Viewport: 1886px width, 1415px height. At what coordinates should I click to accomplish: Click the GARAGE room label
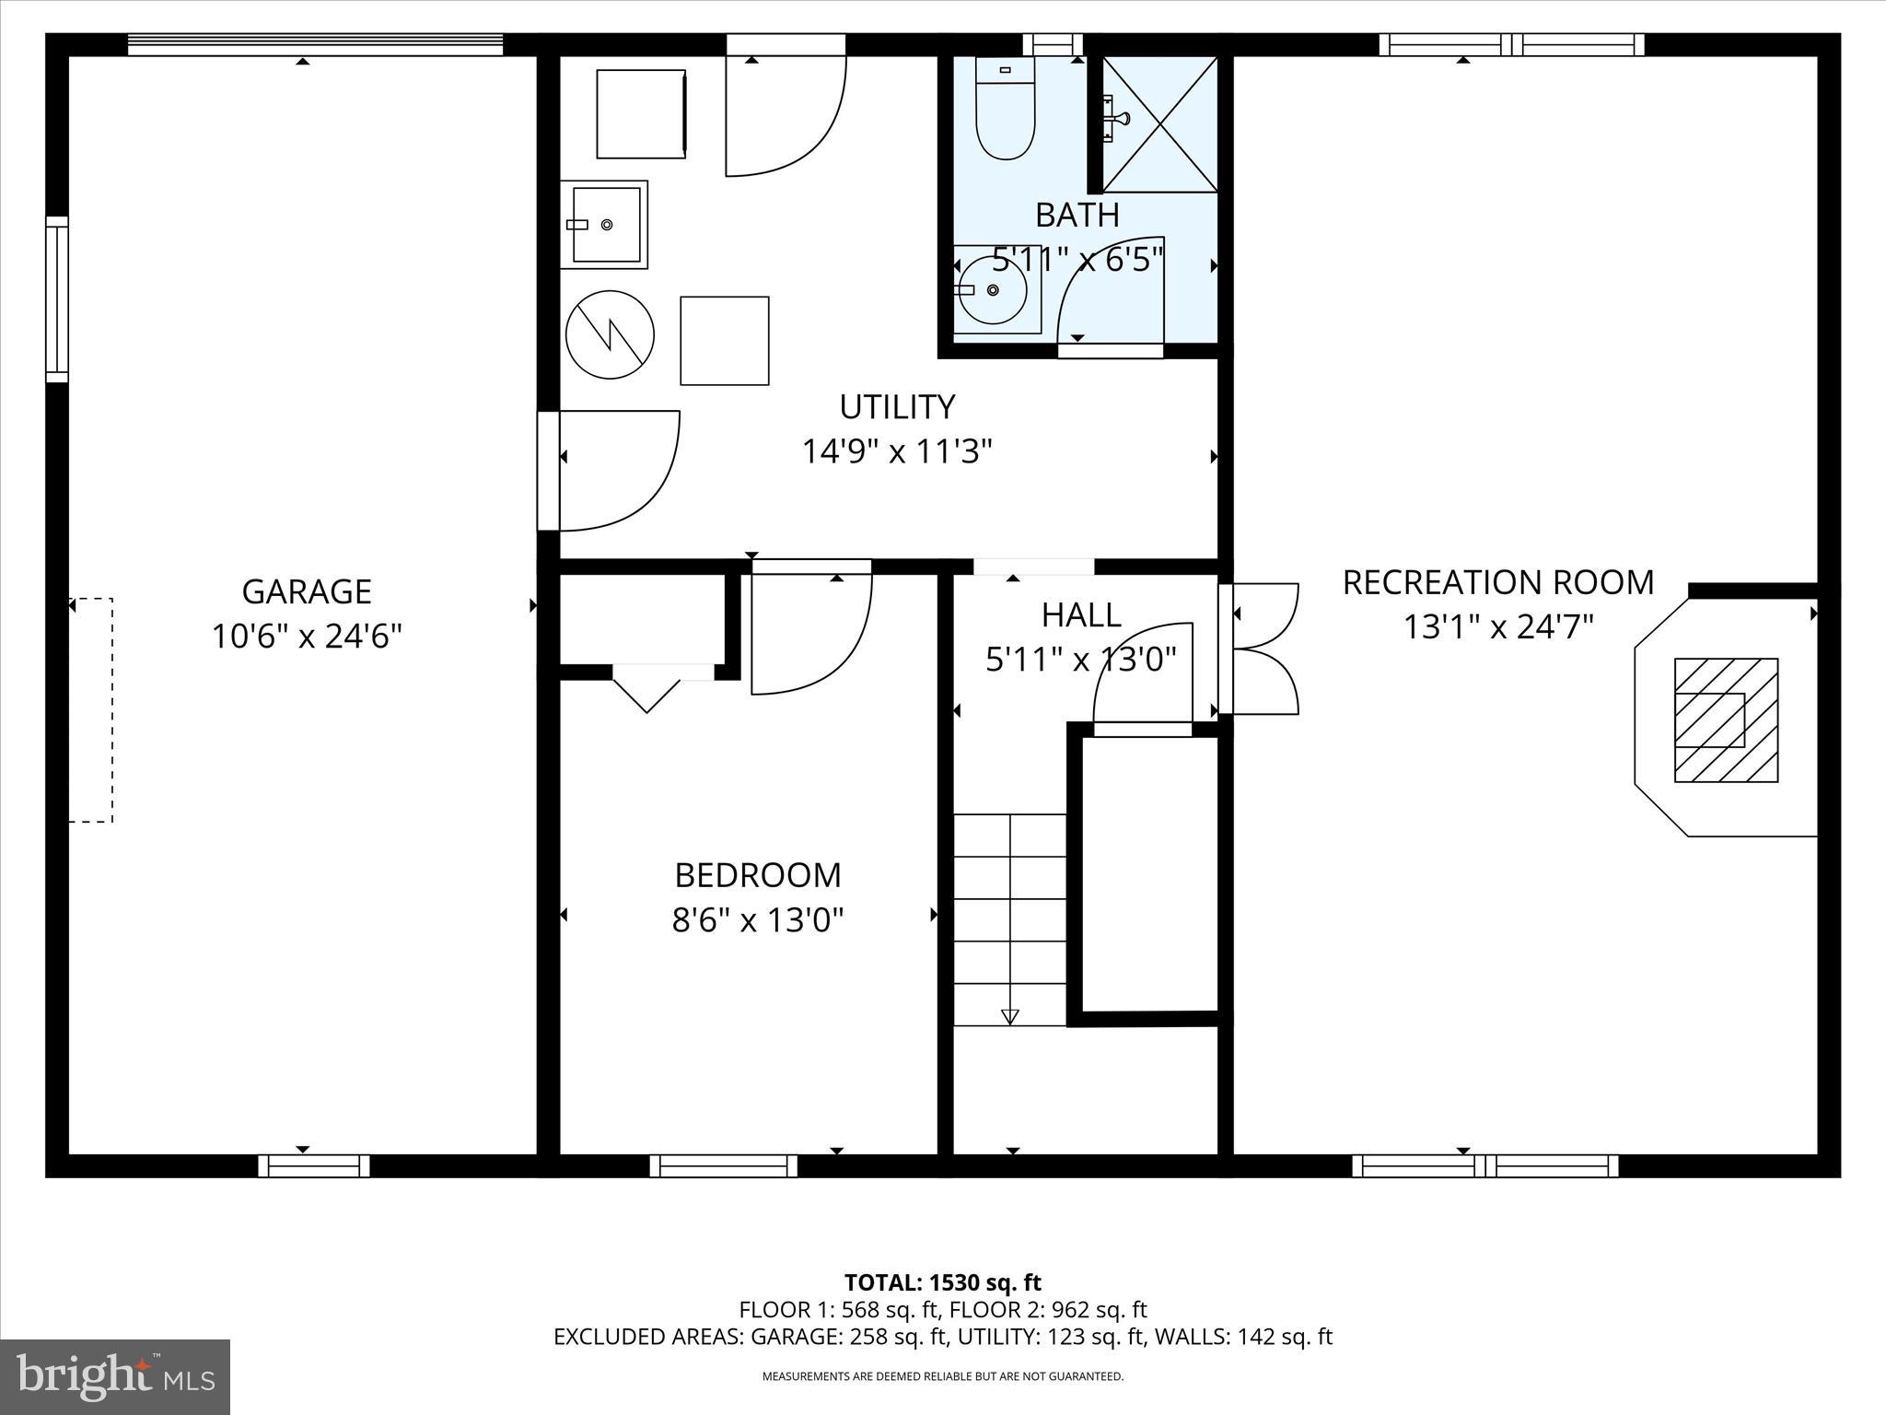[x=307, y=591]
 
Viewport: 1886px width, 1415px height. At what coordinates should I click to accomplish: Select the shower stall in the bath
[x=1159, y=124]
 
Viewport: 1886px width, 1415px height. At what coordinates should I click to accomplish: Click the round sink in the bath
[x=992, y=290]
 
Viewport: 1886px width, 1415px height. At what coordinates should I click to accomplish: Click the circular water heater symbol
[x=610, y=334]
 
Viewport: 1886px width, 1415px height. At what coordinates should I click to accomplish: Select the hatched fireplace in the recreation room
[x=1725, y=720]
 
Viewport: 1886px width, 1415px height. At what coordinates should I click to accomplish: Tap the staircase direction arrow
[x=1010, y=1016]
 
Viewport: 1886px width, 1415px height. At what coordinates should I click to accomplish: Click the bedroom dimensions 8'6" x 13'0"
[x=758, y=920]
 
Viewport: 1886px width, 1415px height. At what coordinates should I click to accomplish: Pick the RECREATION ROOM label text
[x=1498, y=583]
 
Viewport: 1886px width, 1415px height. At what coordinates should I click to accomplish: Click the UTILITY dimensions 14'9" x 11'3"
[x=897, y=452]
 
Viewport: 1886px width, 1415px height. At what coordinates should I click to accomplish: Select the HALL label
[x=1081, y=615]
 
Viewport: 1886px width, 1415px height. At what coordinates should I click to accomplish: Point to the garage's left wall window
[x=57, y=299]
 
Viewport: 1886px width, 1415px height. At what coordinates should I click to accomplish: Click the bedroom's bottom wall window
[x=724, y=1166]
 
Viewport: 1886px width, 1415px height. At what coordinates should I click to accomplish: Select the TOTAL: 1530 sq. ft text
[x=942, y=1282]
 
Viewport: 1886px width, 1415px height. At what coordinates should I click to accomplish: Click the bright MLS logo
[x=115, y=1376]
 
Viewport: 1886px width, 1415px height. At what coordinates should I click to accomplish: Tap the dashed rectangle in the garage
[x=91, y=709]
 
